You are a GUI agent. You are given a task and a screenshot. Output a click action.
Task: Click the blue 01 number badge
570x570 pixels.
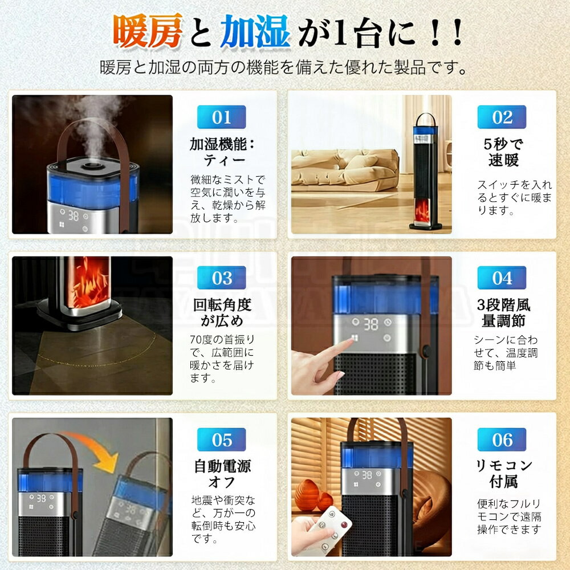221,117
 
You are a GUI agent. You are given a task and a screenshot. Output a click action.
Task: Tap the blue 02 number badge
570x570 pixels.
502,117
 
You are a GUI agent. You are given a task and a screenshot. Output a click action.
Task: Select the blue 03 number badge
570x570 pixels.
221,278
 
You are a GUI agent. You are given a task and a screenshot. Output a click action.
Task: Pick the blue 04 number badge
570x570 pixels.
502,278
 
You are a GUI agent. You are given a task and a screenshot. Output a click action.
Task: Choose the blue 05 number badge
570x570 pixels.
221,439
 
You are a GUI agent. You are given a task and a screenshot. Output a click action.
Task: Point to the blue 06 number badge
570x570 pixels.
502,439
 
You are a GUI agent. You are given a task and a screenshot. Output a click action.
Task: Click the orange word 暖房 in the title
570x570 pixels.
148,31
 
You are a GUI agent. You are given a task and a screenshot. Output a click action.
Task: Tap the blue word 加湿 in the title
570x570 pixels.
255,31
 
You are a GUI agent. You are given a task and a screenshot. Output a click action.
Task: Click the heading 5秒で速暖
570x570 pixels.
503,152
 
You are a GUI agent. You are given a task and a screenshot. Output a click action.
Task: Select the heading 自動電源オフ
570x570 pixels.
222,474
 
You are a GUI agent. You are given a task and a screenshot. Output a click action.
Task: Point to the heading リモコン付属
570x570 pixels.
503,473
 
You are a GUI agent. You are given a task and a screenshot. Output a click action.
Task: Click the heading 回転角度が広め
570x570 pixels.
222,312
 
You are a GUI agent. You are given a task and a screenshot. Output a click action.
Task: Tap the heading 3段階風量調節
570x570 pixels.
503,312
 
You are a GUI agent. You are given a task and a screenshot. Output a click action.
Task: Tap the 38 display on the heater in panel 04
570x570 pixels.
370,324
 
